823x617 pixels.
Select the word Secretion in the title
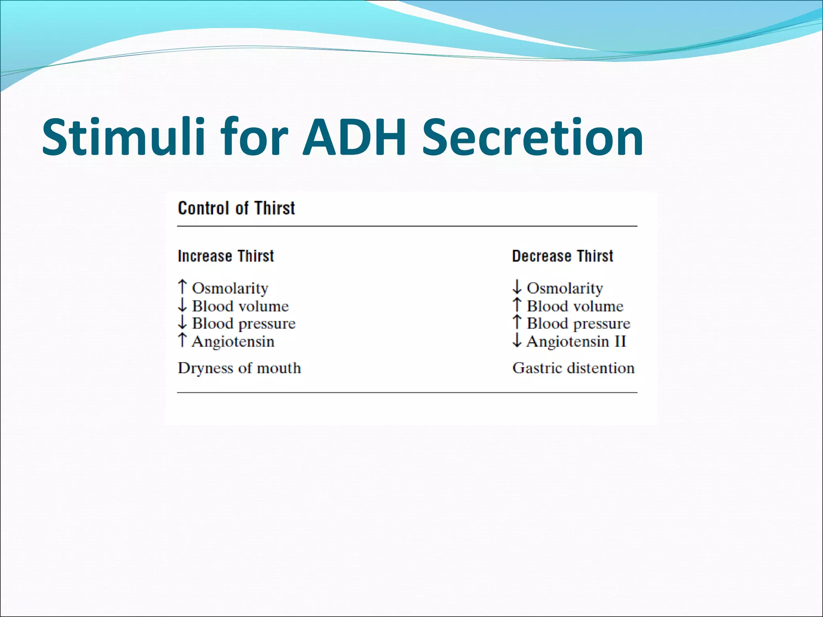pyautogui.click(x=533, y=137)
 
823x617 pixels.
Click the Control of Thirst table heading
pyautogui.click(x=236, y=208)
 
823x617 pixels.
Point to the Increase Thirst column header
pyautogui.click(x=226, y=256)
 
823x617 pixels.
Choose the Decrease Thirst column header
pyautogui.click(x=563, y=256)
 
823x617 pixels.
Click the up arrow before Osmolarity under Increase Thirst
pyautogui.click(x=182, y=287)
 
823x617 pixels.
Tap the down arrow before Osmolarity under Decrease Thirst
pyautogui.click(x=517, y=287)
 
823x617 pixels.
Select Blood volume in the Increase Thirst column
pyautogui.click(x=240, y=306)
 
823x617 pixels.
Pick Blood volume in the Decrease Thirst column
pyautogui.click(x=575, y=306)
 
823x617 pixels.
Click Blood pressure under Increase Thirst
pyautogui.click(x=244, y=324)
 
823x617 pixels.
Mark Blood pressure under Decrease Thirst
pyautogui.click(x=578, y=324)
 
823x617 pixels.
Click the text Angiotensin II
pyautogui.click(x=576, y=342)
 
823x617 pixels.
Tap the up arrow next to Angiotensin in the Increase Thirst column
pyautogui.click(x=182, y=340)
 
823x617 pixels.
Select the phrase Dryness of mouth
pyautogui.click(x=240, y=368)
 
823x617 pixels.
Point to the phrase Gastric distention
pyautogui.click(x=573, y=368)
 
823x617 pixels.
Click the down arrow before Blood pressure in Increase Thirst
pyautogui.click(x=182, y=323)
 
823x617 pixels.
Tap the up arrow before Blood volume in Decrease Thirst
pyautogui.click(x=517, y=305)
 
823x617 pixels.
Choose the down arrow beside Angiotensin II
pyautogui.click(x=517, y=341)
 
